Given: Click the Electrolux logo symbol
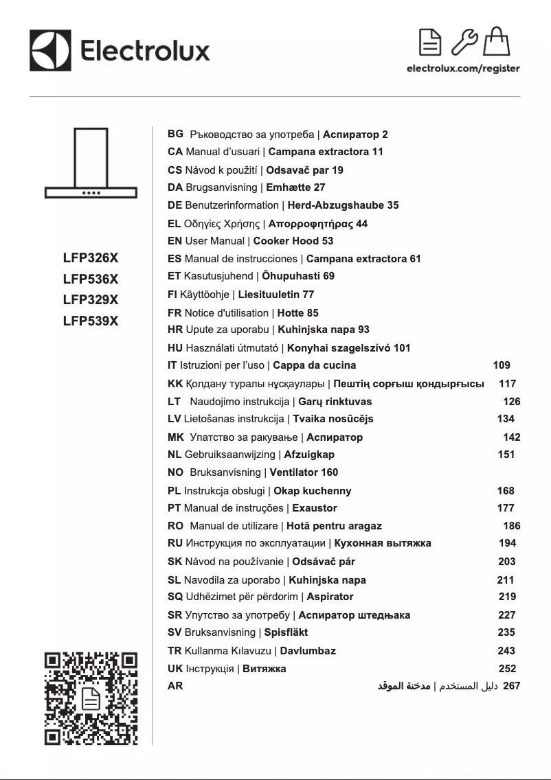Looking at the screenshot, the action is [51, 50].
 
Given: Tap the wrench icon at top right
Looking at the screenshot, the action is [465, 42].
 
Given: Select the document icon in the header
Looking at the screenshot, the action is [431, 42].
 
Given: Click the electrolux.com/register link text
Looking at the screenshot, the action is [463, 69].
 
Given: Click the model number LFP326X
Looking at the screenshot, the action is [91, 259].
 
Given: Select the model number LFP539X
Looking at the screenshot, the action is [91, 321].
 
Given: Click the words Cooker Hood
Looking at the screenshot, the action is [286, 241].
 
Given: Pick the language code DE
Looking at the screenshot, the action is [175, 205].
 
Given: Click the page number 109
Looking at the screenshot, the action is [502, 365].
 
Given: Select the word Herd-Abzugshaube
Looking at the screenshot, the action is [336, 205].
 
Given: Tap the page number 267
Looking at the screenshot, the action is [511, 685].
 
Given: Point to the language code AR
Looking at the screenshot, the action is [175, 685].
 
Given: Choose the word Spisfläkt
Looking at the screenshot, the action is [286, 632].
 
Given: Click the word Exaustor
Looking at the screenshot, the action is [315, 508].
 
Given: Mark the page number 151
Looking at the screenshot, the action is [506, 454].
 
